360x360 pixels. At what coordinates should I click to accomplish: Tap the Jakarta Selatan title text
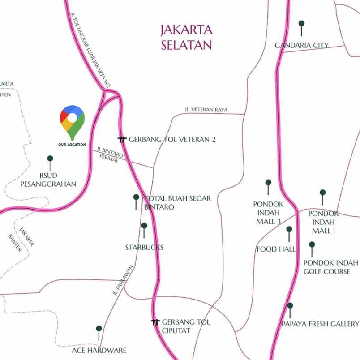point(186,38)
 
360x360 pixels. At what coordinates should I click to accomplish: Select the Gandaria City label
point(301,45)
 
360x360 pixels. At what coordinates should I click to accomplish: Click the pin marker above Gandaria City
point(301,25)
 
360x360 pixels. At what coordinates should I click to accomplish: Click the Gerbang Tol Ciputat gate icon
point(155,322)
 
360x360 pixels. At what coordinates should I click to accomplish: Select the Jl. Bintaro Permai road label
point(107,155)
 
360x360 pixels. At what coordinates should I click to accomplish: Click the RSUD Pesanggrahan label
point(48,180)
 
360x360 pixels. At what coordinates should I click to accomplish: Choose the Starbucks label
point(144,247)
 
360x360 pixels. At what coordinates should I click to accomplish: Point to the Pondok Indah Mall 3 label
point(268,213)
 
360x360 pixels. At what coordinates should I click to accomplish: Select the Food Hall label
point(276,249)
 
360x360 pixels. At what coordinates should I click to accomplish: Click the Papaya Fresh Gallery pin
point(290,308)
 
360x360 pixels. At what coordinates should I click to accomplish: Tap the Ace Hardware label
point(99,350)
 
